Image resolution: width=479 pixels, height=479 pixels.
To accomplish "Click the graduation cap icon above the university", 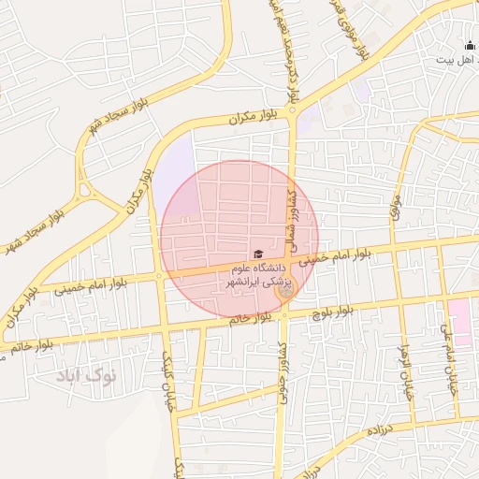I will pyautogui.click(x=258, y=254).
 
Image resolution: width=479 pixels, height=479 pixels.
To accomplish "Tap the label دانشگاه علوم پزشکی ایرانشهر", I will pyautogui.click(x=258, y=274).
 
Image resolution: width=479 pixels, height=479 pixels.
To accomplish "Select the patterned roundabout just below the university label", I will pyautogui.click(x=285, y=292).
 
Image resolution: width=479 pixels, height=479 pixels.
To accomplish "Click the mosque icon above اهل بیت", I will pyautogui.click(x=469, y=45).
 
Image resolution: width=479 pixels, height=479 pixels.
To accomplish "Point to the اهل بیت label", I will pyautogui.click(x=456, y=59).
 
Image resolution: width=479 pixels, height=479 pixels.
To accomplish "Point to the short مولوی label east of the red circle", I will pyautogui.click(x=397, y=199).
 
